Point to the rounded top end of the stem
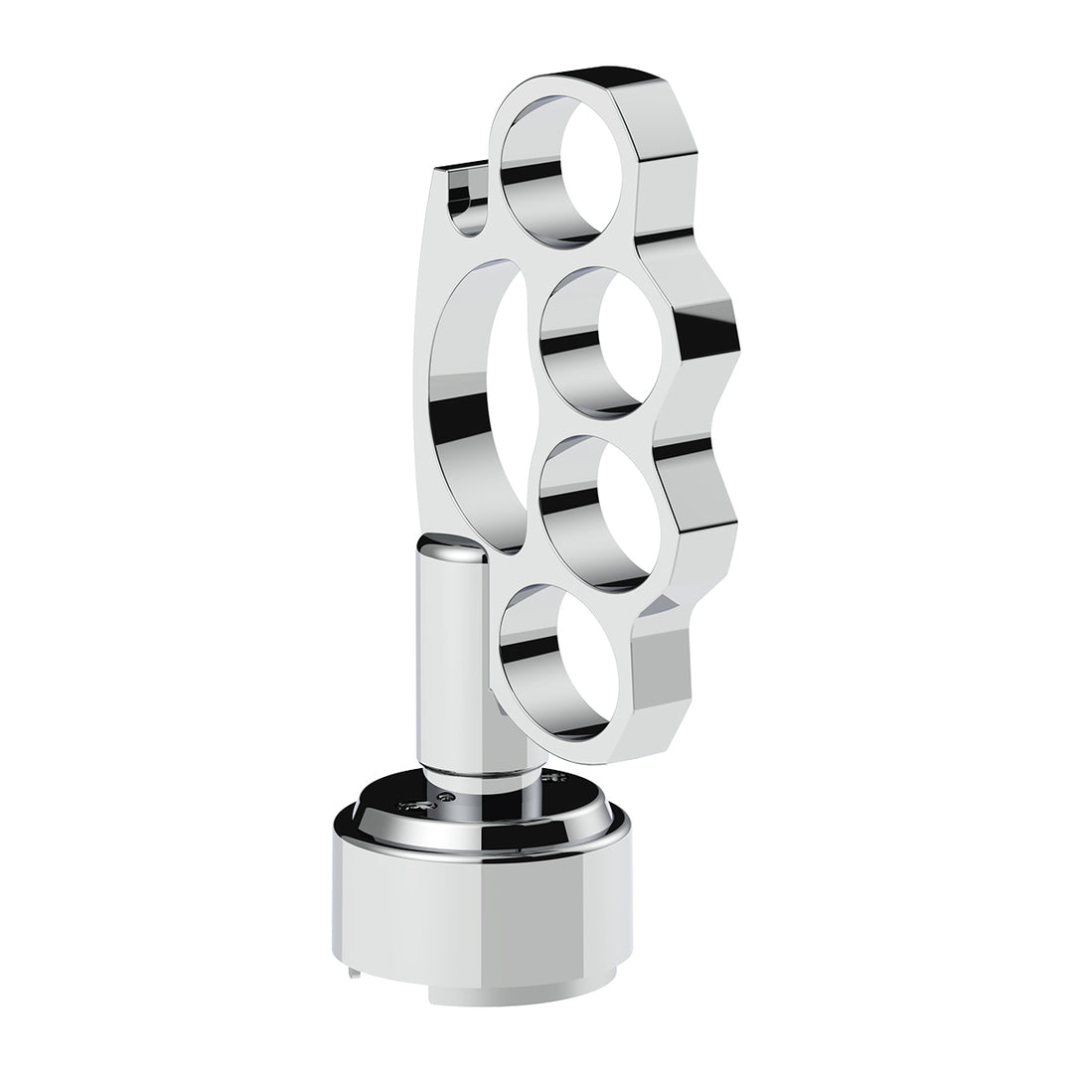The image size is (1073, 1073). point(452,544)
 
